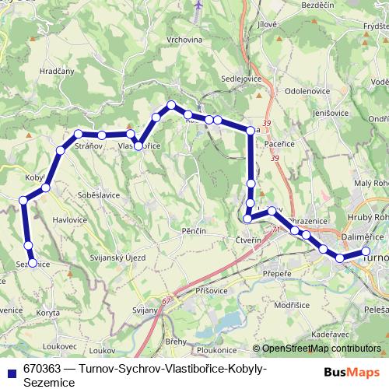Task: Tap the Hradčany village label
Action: (56, 70)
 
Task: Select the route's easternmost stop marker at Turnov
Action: (366, 251)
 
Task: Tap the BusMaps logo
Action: (348, 372)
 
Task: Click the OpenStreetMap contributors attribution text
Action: (320, 349)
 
